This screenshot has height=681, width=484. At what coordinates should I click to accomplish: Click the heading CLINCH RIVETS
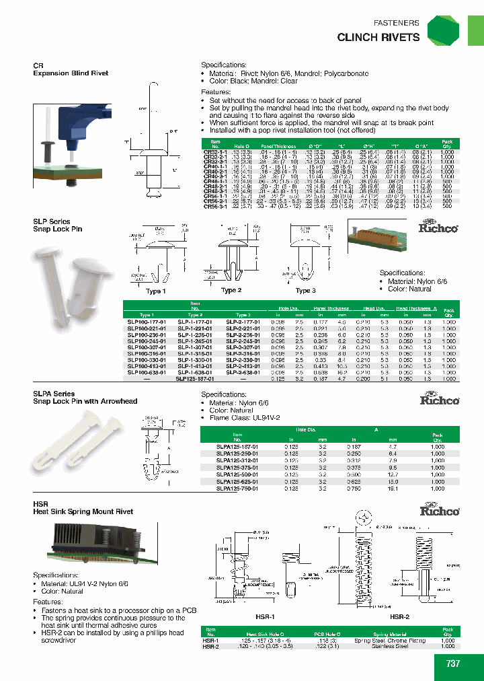point(378,38)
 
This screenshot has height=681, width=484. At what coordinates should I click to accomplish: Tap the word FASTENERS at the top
point(396,22)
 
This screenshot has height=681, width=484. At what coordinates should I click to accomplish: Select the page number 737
point(453,663)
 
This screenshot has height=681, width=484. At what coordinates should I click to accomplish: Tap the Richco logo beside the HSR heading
point(439,510)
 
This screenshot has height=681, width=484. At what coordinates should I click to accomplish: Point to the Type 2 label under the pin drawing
point(231,290)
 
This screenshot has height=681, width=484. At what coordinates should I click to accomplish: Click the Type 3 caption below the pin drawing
point(306,290)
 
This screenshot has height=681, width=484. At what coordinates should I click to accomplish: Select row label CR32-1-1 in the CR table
point(214,152)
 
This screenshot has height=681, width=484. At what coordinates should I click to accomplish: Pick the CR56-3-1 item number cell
point(214,207)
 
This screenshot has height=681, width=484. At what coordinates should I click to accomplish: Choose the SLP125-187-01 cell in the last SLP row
point(194,379)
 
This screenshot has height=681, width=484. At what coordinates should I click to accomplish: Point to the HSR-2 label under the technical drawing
point(400,616)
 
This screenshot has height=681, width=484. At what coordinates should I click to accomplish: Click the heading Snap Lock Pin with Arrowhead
point(85,401)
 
